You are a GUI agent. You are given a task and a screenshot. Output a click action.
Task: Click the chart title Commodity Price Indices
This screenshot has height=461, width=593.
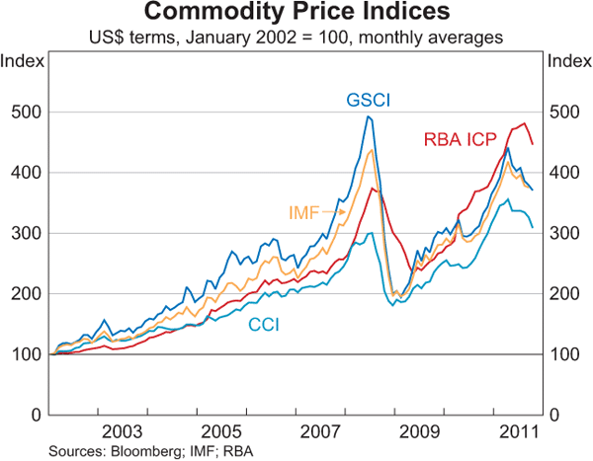tap(296, 14)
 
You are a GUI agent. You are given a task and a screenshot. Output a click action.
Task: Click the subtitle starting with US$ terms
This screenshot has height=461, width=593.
tap(296, 38)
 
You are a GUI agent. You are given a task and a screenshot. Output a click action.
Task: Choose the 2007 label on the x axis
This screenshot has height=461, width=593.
tap(321, 431)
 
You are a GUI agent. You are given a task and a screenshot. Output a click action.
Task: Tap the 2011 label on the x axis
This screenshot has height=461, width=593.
tap(519, 431)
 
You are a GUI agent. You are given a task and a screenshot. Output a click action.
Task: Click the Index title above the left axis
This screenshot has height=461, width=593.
tap(22, 61)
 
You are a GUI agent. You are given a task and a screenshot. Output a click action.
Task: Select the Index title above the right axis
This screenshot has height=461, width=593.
tap(568, 61)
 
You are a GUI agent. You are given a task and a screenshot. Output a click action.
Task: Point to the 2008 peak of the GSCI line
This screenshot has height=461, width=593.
tap(369, 116)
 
